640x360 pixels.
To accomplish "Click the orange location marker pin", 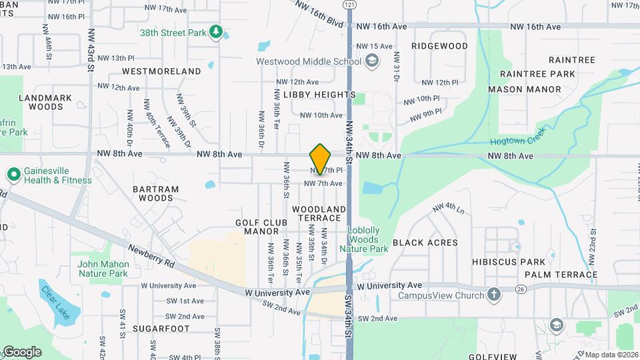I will tap(321, 159).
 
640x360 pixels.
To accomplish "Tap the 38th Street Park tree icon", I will tap(215, 32).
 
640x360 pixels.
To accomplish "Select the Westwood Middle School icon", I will tap(371, 62).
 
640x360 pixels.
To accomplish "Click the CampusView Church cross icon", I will tap(493, 295).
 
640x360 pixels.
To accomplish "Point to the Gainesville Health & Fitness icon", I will tap(13, 175).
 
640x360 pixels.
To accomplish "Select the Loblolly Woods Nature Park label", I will tap(363, 239).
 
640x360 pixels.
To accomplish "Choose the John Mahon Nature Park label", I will tap(102, 269).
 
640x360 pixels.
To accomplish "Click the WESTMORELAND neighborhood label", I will tap(161, 71).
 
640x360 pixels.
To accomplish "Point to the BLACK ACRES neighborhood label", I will tap(425, 243).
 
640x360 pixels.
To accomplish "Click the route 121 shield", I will tap(349, 4).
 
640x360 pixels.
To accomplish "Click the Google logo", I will tap(21, 352).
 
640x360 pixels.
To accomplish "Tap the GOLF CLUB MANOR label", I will tap(261, 227).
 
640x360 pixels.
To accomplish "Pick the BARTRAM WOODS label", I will tap(156, 193).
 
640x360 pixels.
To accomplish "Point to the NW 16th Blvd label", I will tap(320, 14).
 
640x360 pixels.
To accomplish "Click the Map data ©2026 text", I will tap(611, 354).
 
